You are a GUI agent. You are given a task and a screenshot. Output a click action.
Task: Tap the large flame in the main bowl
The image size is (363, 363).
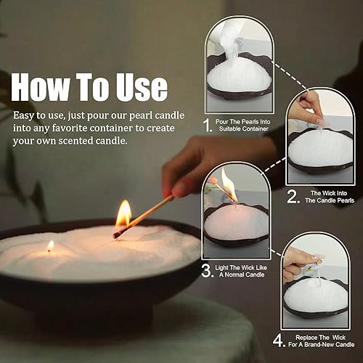click(x=123, y=214)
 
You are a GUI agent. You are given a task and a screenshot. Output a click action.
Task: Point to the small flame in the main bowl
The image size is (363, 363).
click(x=50, y=246)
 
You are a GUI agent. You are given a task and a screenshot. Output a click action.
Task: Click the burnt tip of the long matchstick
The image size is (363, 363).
click(x=117, y=234)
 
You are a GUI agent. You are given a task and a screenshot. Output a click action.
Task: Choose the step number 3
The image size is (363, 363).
click(x=207, y=272)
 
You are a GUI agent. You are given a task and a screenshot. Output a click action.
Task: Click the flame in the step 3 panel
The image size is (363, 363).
click(x=228, y=187)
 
